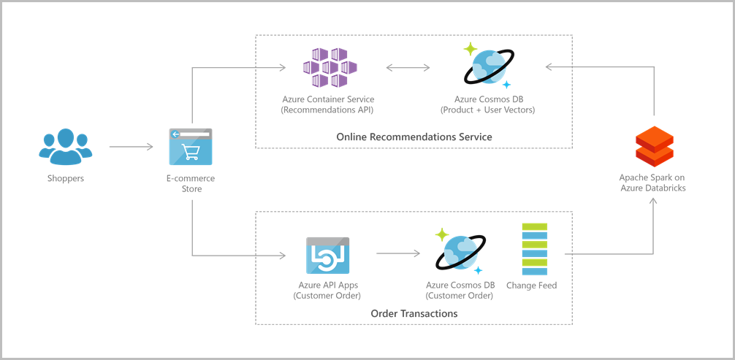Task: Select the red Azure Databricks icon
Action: [652, 145]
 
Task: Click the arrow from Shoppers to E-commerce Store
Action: [131, 148]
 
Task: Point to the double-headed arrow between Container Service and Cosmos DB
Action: [408, 69]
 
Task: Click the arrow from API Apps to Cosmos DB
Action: [398, 255]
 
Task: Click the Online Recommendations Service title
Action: [414, 137]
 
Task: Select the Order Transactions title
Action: [414, 313]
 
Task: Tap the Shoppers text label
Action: [65, 178]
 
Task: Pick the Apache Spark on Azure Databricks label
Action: [652, 183]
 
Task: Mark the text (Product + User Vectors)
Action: [487, 110]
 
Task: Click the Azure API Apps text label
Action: [328, 286]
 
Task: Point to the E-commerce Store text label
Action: [191, 183]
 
